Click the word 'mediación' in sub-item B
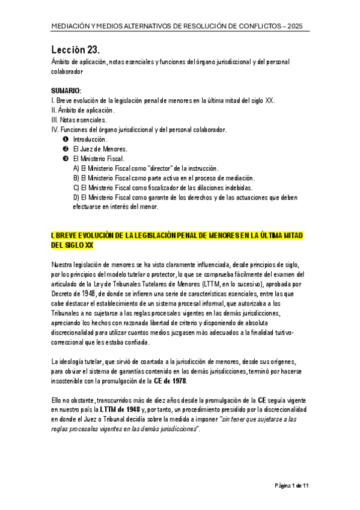tap(238, 178)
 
